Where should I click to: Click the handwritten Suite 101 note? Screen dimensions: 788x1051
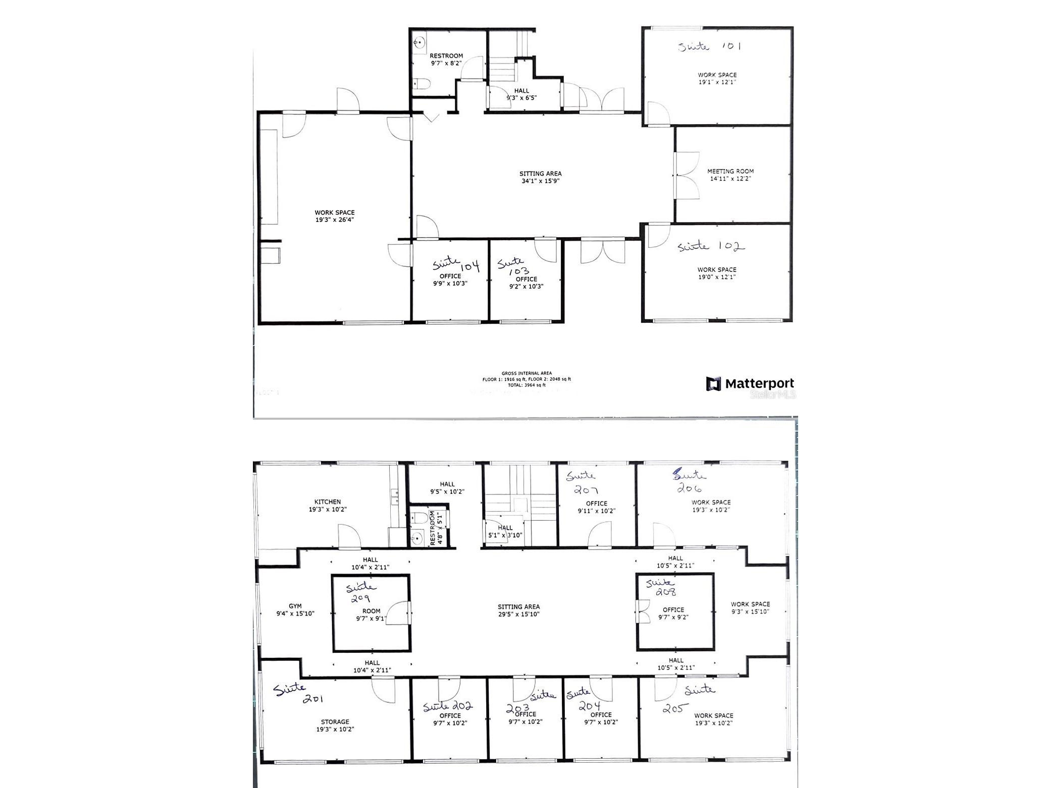click(x=709, y=46)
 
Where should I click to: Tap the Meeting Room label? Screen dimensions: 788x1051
click(x=730, y=172)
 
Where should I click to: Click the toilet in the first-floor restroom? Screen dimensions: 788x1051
click(x=420, y=84)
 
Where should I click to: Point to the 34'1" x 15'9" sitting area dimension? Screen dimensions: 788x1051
click(x=540, y=181)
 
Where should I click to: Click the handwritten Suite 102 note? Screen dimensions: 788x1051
click(x=711, y=247)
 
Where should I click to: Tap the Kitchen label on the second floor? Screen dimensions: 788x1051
click(x=327, y=502)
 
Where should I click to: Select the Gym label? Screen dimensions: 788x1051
click(x=295, y=606)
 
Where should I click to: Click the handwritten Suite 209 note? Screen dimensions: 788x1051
click(x=360, y=593)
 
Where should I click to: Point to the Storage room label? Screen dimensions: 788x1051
click(x=335, y=722)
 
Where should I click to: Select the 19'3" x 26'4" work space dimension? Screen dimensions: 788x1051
click(x=334, y=220)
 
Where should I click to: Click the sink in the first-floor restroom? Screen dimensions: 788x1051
click(x=418, y=43)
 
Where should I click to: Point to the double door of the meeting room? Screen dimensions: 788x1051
click(x=686, y=174)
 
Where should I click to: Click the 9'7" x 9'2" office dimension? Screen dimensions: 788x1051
click(x=673, y=617)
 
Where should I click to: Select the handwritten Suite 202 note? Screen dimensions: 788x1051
click(x=447, y=706)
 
